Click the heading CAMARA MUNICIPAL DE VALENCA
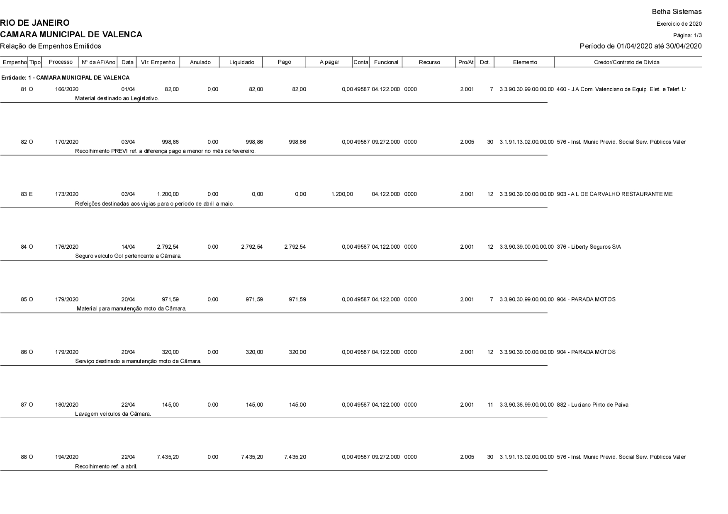[71, 34]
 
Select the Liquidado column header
[241, 62]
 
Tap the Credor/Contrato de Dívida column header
[626, 62]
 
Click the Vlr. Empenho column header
[158, 62]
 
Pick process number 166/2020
[67, 90]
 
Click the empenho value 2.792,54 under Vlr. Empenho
[168, 247]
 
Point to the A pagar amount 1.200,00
[342, 194]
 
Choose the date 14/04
[128, 247]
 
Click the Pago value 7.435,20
[295, 457]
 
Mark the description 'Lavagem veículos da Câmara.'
[113, 414]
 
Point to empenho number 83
[24, 194]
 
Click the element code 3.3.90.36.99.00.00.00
[526, 405]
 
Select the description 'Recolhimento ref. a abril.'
[106, 467]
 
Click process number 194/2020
[67, 457]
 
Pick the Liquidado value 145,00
[254, 405]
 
